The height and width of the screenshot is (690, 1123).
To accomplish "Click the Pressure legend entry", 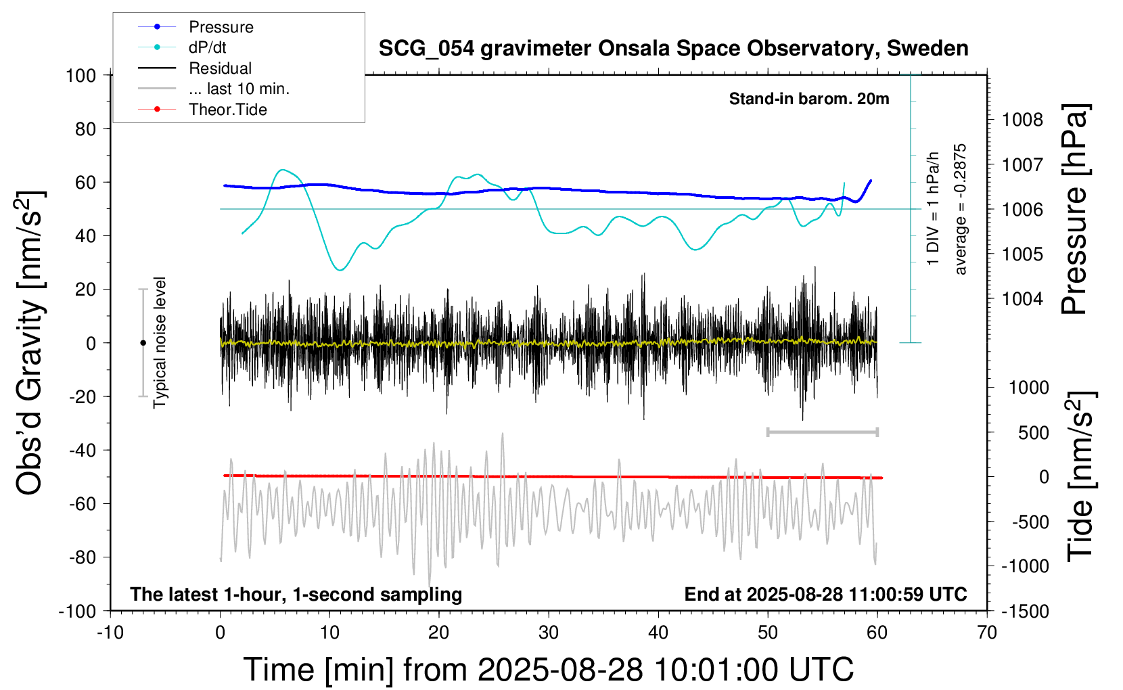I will pos(221,27).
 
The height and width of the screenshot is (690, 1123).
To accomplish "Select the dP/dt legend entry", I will pos(207,47).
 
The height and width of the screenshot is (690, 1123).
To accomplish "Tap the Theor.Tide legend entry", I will pos(227,110).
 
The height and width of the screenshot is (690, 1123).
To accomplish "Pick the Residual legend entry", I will pos(220,68).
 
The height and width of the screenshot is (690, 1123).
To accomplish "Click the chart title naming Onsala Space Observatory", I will pos(673,49).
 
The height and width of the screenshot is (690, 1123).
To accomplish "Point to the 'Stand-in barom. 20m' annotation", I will pos(808,99).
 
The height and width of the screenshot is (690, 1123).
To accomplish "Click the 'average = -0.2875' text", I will pos(960,209).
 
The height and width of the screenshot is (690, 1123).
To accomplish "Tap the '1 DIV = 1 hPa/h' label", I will pos(933,208).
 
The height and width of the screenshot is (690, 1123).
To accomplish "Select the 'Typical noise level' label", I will pos(160,342).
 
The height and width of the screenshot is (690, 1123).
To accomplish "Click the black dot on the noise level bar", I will pos(143,343).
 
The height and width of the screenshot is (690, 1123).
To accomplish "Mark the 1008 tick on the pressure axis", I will pos(1022,120).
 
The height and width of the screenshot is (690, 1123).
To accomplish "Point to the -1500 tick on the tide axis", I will pos(1025,612).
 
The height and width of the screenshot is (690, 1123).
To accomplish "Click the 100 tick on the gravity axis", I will pos(81,75).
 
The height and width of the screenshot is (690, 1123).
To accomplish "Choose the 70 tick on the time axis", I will pos(987,633).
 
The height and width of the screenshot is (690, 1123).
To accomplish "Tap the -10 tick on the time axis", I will pos(110,633).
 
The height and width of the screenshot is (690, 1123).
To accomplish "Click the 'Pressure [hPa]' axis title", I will pos(1074,209).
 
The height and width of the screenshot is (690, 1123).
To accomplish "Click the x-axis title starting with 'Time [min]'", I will pos(548,670).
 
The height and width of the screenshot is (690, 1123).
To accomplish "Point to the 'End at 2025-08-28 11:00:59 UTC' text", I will pos(825,595).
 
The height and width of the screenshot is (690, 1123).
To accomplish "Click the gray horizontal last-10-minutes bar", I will pos(822,432).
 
